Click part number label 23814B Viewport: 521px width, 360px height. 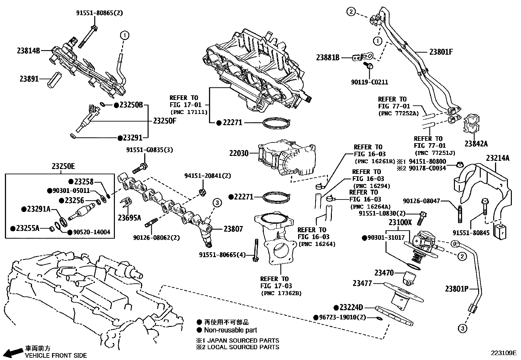(x=28, y=50)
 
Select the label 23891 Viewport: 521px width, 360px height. (x=29, y=79)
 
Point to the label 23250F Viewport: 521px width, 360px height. (x=164, y=120)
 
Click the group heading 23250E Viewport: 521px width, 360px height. (x=63, y=167)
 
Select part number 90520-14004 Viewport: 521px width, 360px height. (x=91, y=232)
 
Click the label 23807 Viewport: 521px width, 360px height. (x=233, y=229)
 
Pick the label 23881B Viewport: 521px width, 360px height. (x=328, y=58)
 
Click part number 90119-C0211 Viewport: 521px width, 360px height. (x=369, y=82)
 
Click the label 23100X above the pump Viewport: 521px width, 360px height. (x=400, y=222)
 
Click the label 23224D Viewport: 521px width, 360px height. (x=351, y=308)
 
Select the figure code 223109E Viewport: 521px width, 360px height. (x=503, y=353)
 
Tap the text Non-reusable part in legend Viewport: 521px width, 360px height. (x=230, y=330)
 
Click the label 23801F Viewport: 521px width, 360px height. (x=441, y=52)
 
